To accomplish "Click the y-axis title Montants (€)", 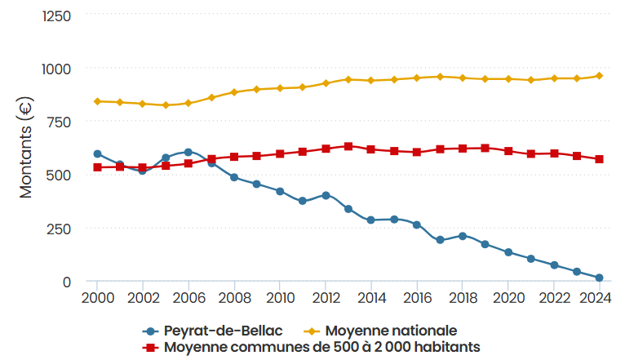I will click(25, 148).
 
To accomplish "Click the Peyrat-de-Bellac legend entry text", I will click(215, 331).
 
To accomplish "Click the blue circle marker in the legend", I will click(149, 331).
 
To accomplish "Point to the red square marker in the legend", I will click(149, 347).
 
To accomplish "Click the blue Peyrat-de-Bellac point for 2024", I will click(599, 278).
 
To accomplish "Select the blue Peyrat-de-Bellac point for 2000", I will click(97, 153).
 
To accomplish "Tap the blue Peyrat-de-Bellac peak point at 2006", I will click(188, 152).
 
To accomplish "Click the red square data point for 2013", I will click(348, 146).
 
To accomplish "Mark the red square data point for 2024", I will click(599, 159).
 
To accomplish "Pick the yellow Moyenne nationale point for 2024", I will click(599, 76).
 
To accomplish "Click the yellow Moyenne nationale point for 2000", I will click(97, 101).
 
